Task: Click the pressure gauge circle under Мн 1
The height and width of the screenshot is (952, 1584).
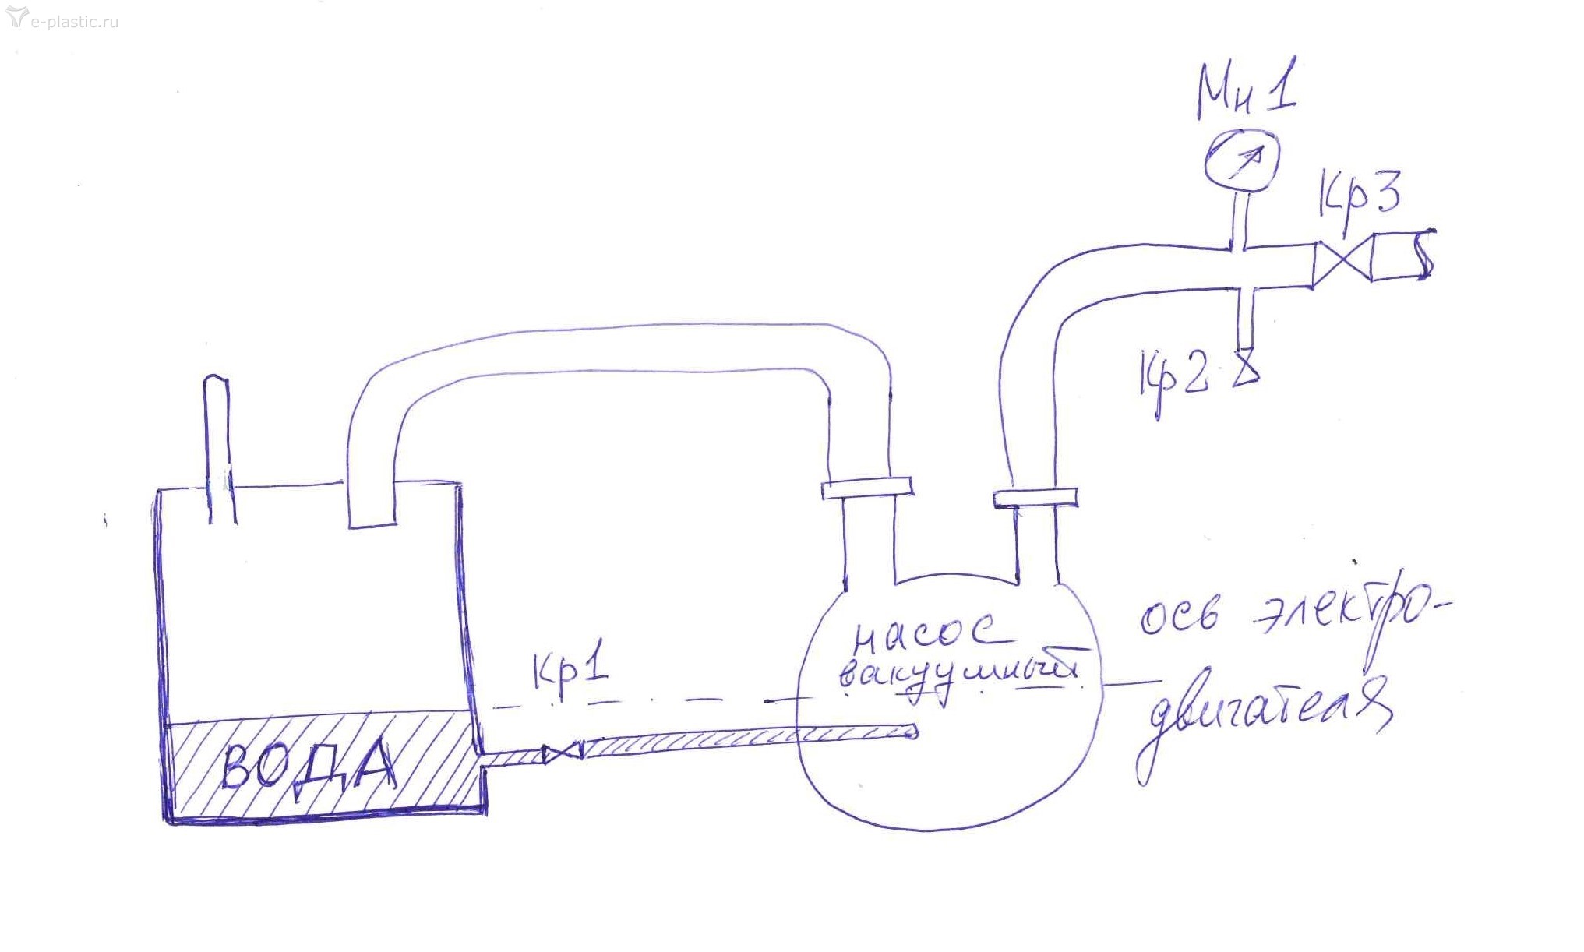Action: (x=1242, y=161)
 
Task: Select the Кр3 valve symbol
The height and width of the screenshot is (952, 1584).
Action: (x=1342, y=260)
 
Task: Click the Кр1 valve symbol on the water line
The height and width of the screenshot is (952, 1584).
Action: (x=563, y=753)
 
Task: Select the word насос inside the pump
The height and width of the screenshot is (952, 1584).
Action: (x=923, y=636)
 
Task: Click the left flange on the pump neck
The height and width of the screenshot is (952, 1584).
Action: (x=866, y=488)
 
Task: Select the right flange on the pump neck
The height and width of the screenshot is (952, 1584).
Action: (x=1035, y=497)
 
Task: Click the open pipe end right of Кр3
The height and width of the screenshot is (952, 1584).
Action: (x=1402, y=255)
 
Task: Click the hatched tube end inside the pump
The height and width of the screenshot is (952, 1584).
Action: (x=908, y=732)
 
